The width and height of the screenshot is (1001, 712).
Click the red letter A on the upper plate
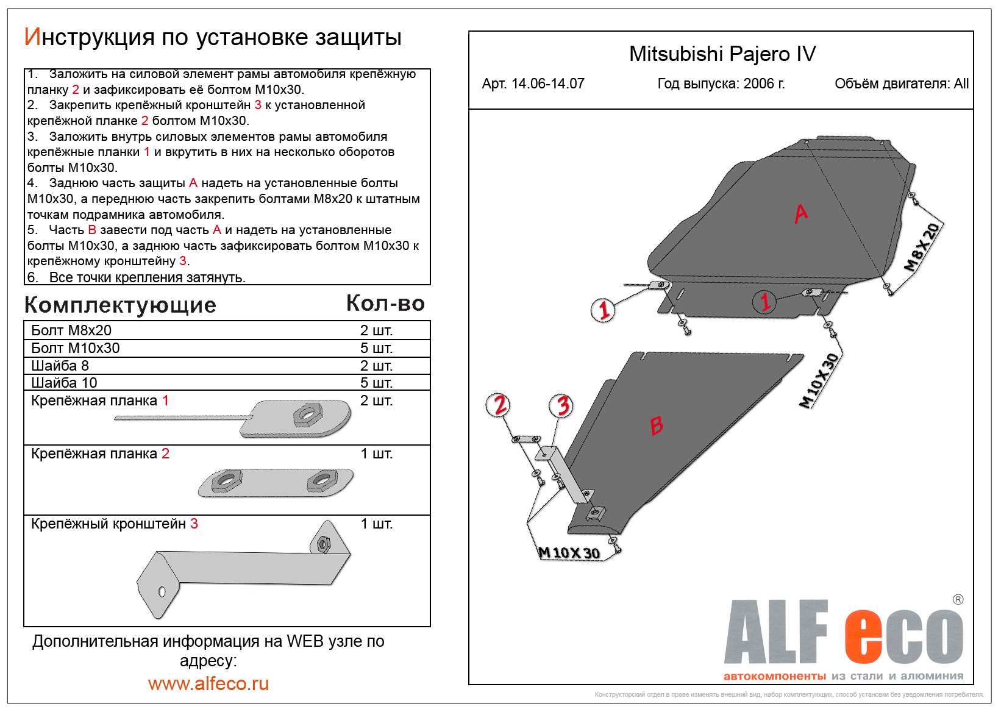(x=801, y=213)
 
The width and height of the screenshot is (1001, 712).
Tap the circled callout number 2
(x=499, y=405)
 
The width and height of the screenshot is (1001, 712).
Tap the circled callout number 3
(x=561, y=406)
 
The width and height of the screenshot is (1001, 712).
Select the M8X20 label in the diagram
(x=922, y=247)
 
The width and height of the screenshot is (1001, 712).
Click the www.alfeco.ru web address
(x=208, y=684)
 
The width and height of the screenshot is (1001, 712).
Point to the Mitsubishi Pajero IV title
(x=722, y=54)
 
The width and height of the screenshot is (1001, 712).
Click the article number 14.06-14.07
(x=548, y=84)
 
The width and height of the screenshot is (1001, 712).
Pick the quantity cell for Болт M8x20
(x=376, y=330)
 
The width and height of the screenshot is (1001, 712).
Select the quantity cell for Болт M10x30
(x=376, y=347)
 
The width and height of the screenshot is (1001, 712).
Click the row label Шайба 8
(x=60, y=366)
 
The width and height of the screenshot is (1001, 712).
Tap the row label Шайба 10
(x=64, y=383)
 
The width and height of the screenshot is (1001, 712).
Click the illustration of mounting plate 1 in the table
(x=233, y=419)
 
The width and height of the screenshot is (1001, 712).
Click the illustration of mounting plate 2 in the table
(x=276, y=483)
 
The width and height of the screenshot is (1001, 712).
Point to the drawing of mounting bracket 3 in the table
(x=244, y=569)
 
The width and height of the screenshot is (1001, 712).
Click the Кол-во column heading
(x=385, y=304)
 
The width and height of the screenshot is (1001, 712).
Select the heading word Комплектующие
(x=120, y=305)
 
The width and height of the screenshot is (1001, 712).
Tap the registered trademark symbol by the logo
(x=958, y=599)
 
